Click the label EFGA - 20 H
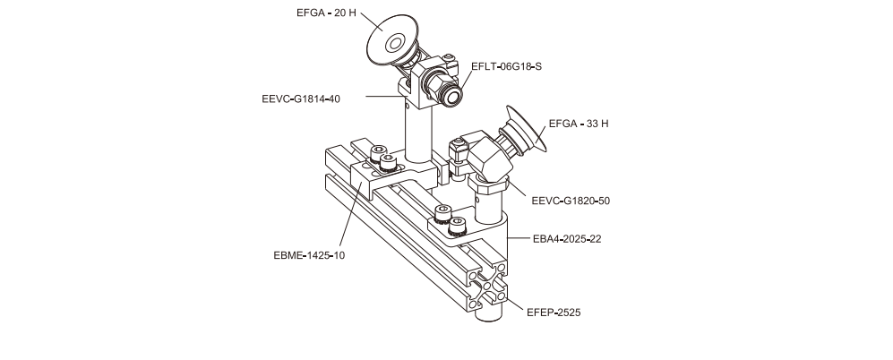click(x=326, y=13)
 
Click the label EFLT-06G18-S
click(x=506, y=65)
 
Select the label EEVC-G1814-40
click(x=295, y=99)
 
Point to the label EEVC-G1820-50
click(x=571, y=201)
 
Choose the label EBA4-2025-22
click(x=571, y=239)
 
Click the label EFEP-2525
click(x=554, y=313)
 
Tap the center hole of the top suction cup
click(x=394, y=42)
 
